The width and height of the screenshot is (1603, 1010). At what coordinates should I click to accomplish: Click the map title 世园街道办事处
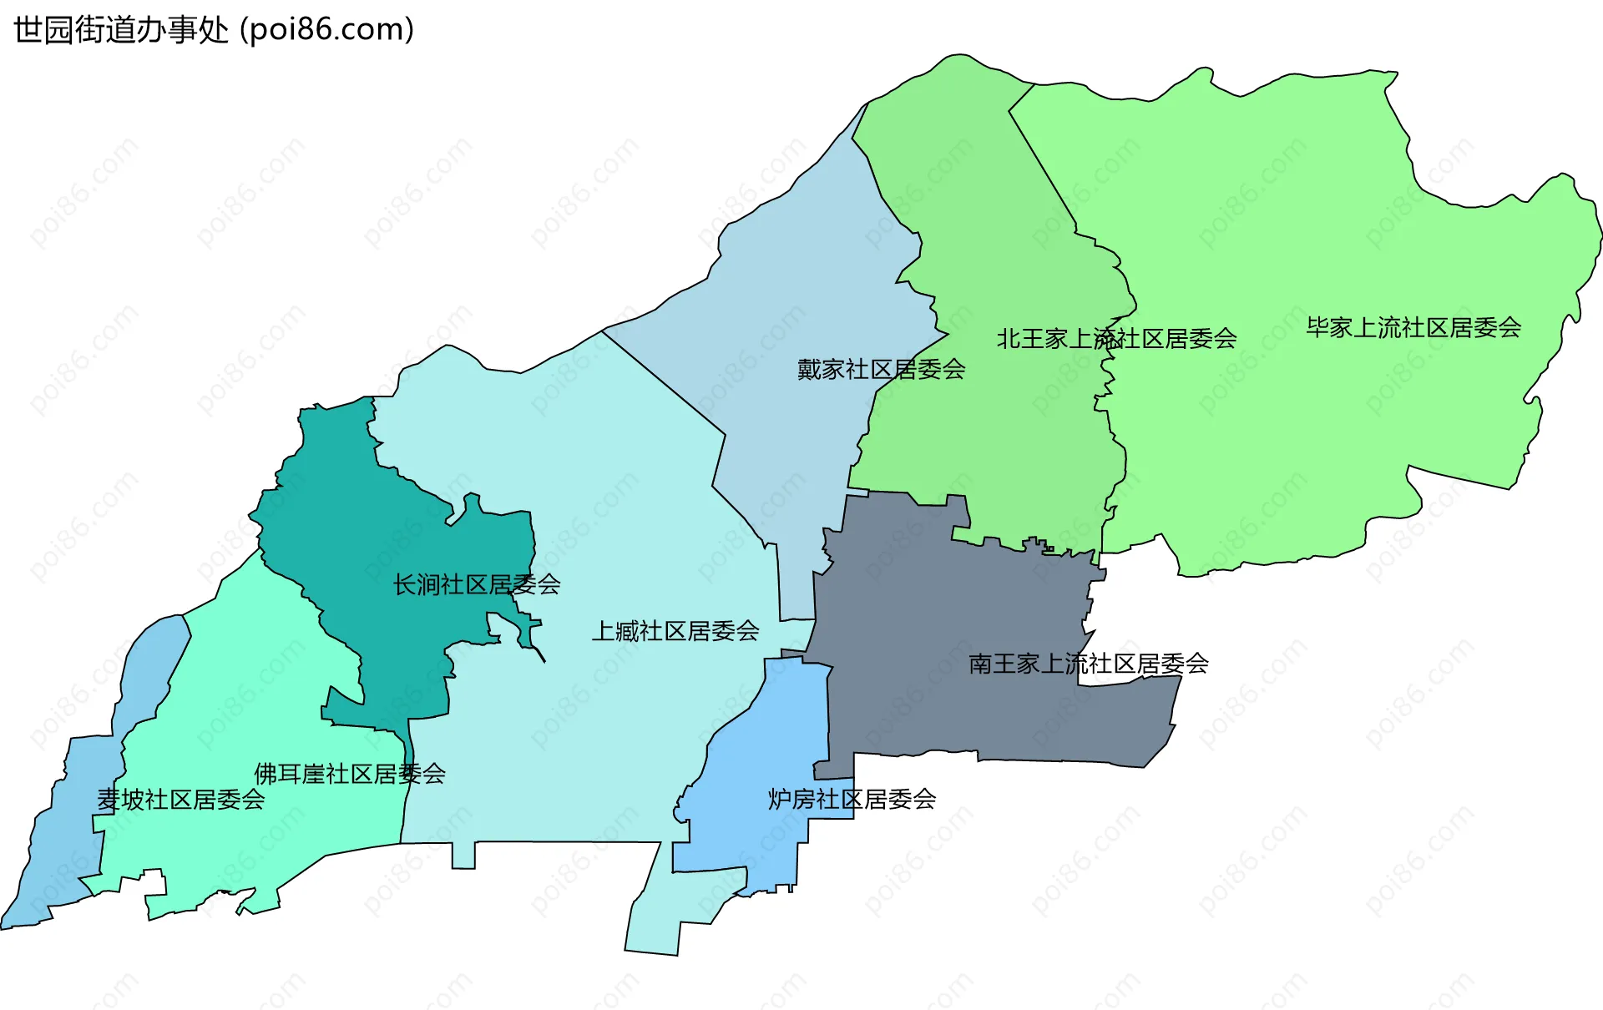coord(121,30)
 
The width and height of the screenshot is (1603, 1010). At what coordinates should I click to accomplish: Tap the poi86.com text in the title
coord(326,30)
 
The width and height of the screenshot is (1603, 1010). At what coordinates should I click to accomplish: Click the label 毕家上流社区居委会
coord(1413,327)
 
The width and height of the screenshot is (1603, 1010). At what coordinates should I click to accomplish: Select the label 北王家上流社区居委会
coord(1116,338)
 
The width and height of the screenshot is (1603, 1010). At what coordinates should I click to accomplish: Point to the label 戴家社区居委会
coord(881,369)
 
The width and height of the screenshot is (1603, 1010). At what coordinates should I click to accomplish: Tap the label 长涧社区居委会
coord(476,584)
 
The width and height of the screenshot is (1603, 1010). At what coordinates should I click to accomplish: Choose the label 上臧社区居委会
coord(675,630)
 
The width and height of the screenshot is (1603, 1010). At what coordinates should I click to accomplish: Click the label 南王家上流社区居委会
coord(1088,664)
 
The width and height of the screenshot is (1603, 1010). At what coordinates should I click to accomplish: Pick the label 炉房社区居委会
coord(852,799)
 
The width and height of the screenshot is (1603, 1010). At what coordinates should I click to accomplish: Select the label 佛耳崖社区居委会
coord(349,774)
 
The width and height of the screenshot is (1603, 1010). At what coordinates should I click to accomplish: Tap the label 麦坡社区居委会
coord(180,800)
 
